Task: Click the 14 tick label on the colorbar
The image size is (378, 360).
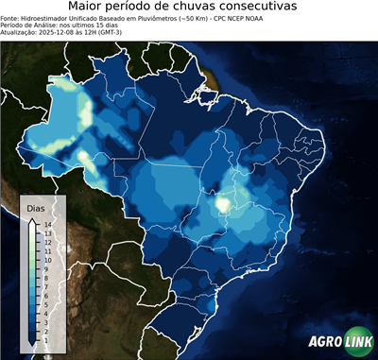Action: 47,225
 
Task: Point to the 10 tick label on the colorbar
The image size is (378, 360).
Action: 47,259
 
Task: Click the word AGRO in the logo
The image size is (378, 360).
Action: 324,342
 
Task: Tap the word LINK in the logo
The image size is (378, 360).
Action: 357,342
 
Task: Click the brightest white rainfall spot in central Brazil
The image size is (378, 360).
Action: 223,202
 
